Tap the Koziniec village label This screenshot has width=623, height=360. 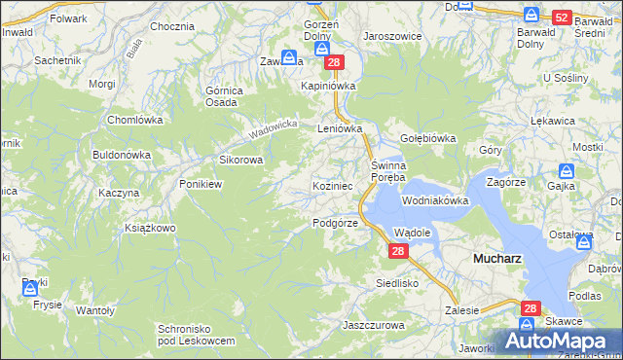pos(339,185)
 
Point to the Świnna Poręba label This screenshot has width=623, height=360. pos(394,172)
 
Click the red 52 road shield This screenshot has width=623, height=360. pos(561,18)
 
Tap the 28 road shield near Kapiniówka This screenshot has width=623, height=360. pos(334,62)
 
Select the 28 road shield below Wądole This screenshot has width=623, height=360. pos(397,251)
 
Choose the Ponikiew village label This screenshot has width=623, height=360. pos(202,183)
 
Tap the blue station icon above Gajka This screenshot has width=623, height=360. pos(566,169)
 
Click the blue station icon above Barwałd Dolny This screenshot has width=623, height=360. pos(531,15)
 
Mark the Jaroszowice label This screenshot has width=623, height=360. pos(392,34)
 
